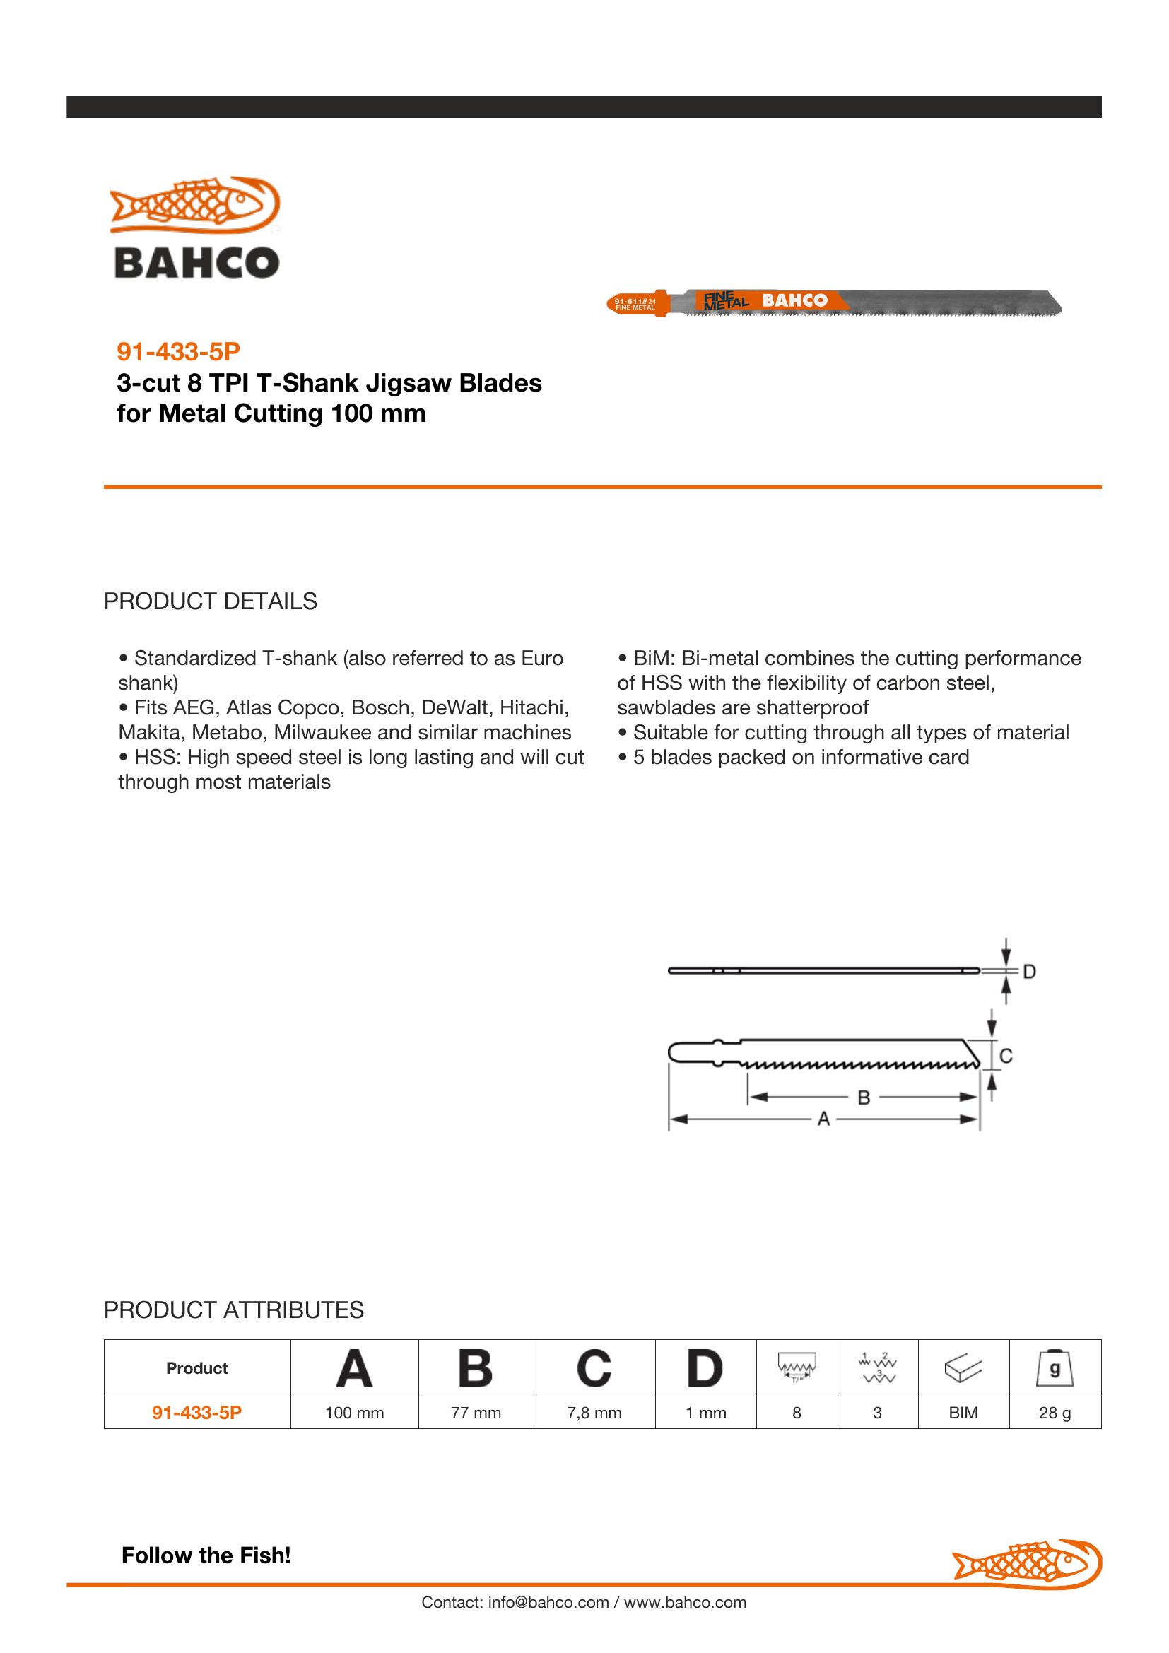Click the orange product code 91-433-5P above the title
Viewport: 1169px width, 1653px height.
point(178,351)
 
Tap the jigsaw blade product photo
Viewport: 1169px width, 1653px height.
point(834,302)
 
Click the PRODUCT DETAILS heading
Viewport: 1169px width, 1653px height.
point(210,601)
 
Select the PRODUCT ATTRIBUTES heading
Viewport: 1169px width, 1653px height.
point(233,1310)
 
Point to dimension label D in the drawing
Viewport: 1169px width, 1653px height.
point(1029,972)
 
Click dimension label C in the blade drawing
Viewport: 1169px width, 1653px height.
point(1006,1056)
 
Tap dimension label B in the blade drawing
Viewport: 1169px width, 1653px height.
point(864,1098)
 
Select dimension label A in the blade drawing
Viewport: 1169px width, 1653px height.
point(823,1119)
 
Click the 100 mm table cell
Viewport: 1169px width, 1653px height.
point(354,1413)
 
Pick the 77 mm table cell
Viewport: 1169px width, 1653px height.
point(476,1413)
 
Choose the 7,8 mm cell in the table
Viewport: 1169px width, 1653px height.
point(594,1413)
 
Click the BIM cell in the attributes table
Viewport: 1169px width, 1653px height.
point(963,1413)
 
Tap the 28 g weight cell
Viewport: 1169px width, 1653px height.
point(1055,1413)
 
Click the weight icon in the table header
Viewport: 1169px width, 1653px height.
point(1055,1368)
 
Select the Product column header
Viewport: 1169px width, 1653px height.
point(196,1368)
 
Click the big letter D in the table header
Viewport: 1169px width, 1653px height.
point(705,1368)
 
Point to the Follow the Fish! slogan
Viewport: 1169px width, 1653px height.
point(206,1555)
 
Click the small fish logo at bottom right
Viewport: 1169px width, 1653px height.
point(1026,1563)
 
